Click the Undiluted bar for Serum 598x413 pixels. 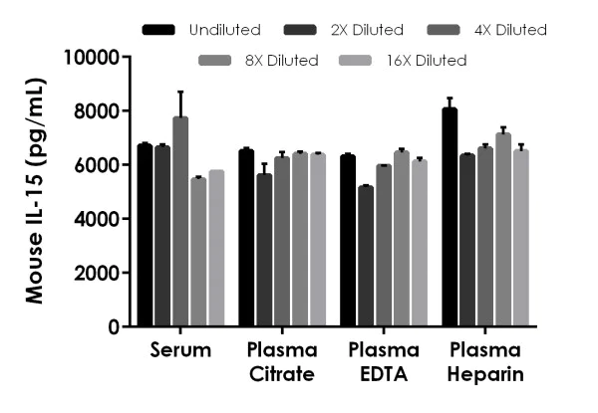point(145,236)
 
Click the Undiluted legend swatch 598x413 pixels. point(159,30)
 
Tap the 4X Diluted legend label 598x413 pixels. point(506,30)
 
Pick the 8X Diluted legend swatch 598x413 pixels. point(218,61)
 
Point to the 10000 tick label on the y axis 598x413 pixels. point(92,57)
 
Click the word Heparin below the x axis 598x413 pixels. point(485,375)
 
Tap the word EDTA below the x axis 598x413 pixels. point(384,375)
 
